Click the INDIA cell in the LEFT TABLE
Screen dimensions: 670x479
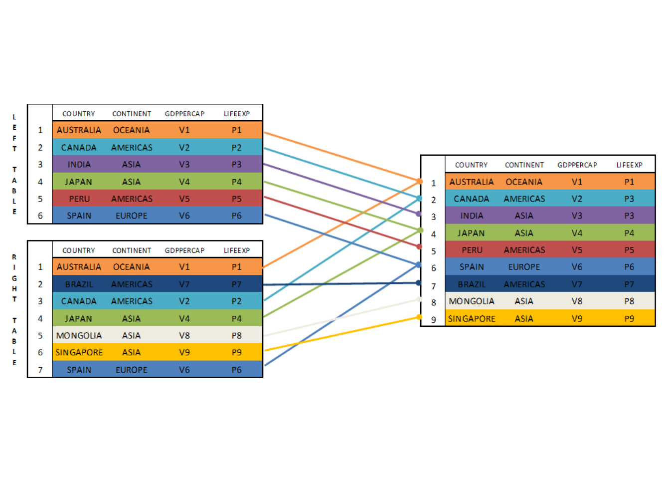(79, 164)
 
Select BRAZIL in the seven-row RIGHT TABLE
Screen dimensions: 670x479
(79, 284)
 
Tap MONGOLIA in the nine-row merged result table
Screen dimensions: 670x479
(472, 301)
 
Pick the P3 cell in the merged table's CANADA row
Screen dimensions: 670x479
(629, 199)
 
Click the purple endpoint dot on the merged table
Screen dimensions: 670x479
(419, 214)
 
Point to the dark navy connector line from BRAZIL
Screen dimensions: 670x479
(341, 284)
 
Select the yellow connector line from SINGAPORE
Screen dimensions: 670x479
(342, 333)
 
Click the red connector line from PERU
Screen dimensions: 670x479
(341, 222)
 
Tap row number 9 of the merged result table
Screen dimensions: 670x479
(433, 320)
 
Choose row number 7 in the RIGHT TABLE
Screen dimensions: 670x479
(40, 370)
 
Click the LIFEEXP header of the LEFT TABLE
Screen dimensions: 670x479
(237, 114)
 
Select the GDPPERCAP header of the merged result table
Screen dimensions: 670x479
(577, 165)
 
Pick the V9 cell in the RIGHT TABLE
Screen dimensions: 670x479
(184, 352)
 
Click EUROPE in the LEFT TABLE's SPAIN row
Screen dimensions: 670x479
(131, 216)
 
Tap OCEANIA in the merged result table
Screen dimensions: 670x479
(524, 182)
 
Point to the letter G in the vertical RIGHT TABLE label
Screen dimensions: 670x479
(14, 278)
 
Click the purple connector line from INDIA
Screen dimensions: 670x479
(341, 189)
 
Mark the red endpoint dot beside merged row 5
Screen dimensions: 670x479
(419, 247)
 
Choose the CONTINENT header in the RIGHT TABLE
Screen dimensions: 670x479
(132, 250)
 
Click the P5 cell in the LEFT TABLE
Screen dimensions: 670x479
(237, 199)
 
